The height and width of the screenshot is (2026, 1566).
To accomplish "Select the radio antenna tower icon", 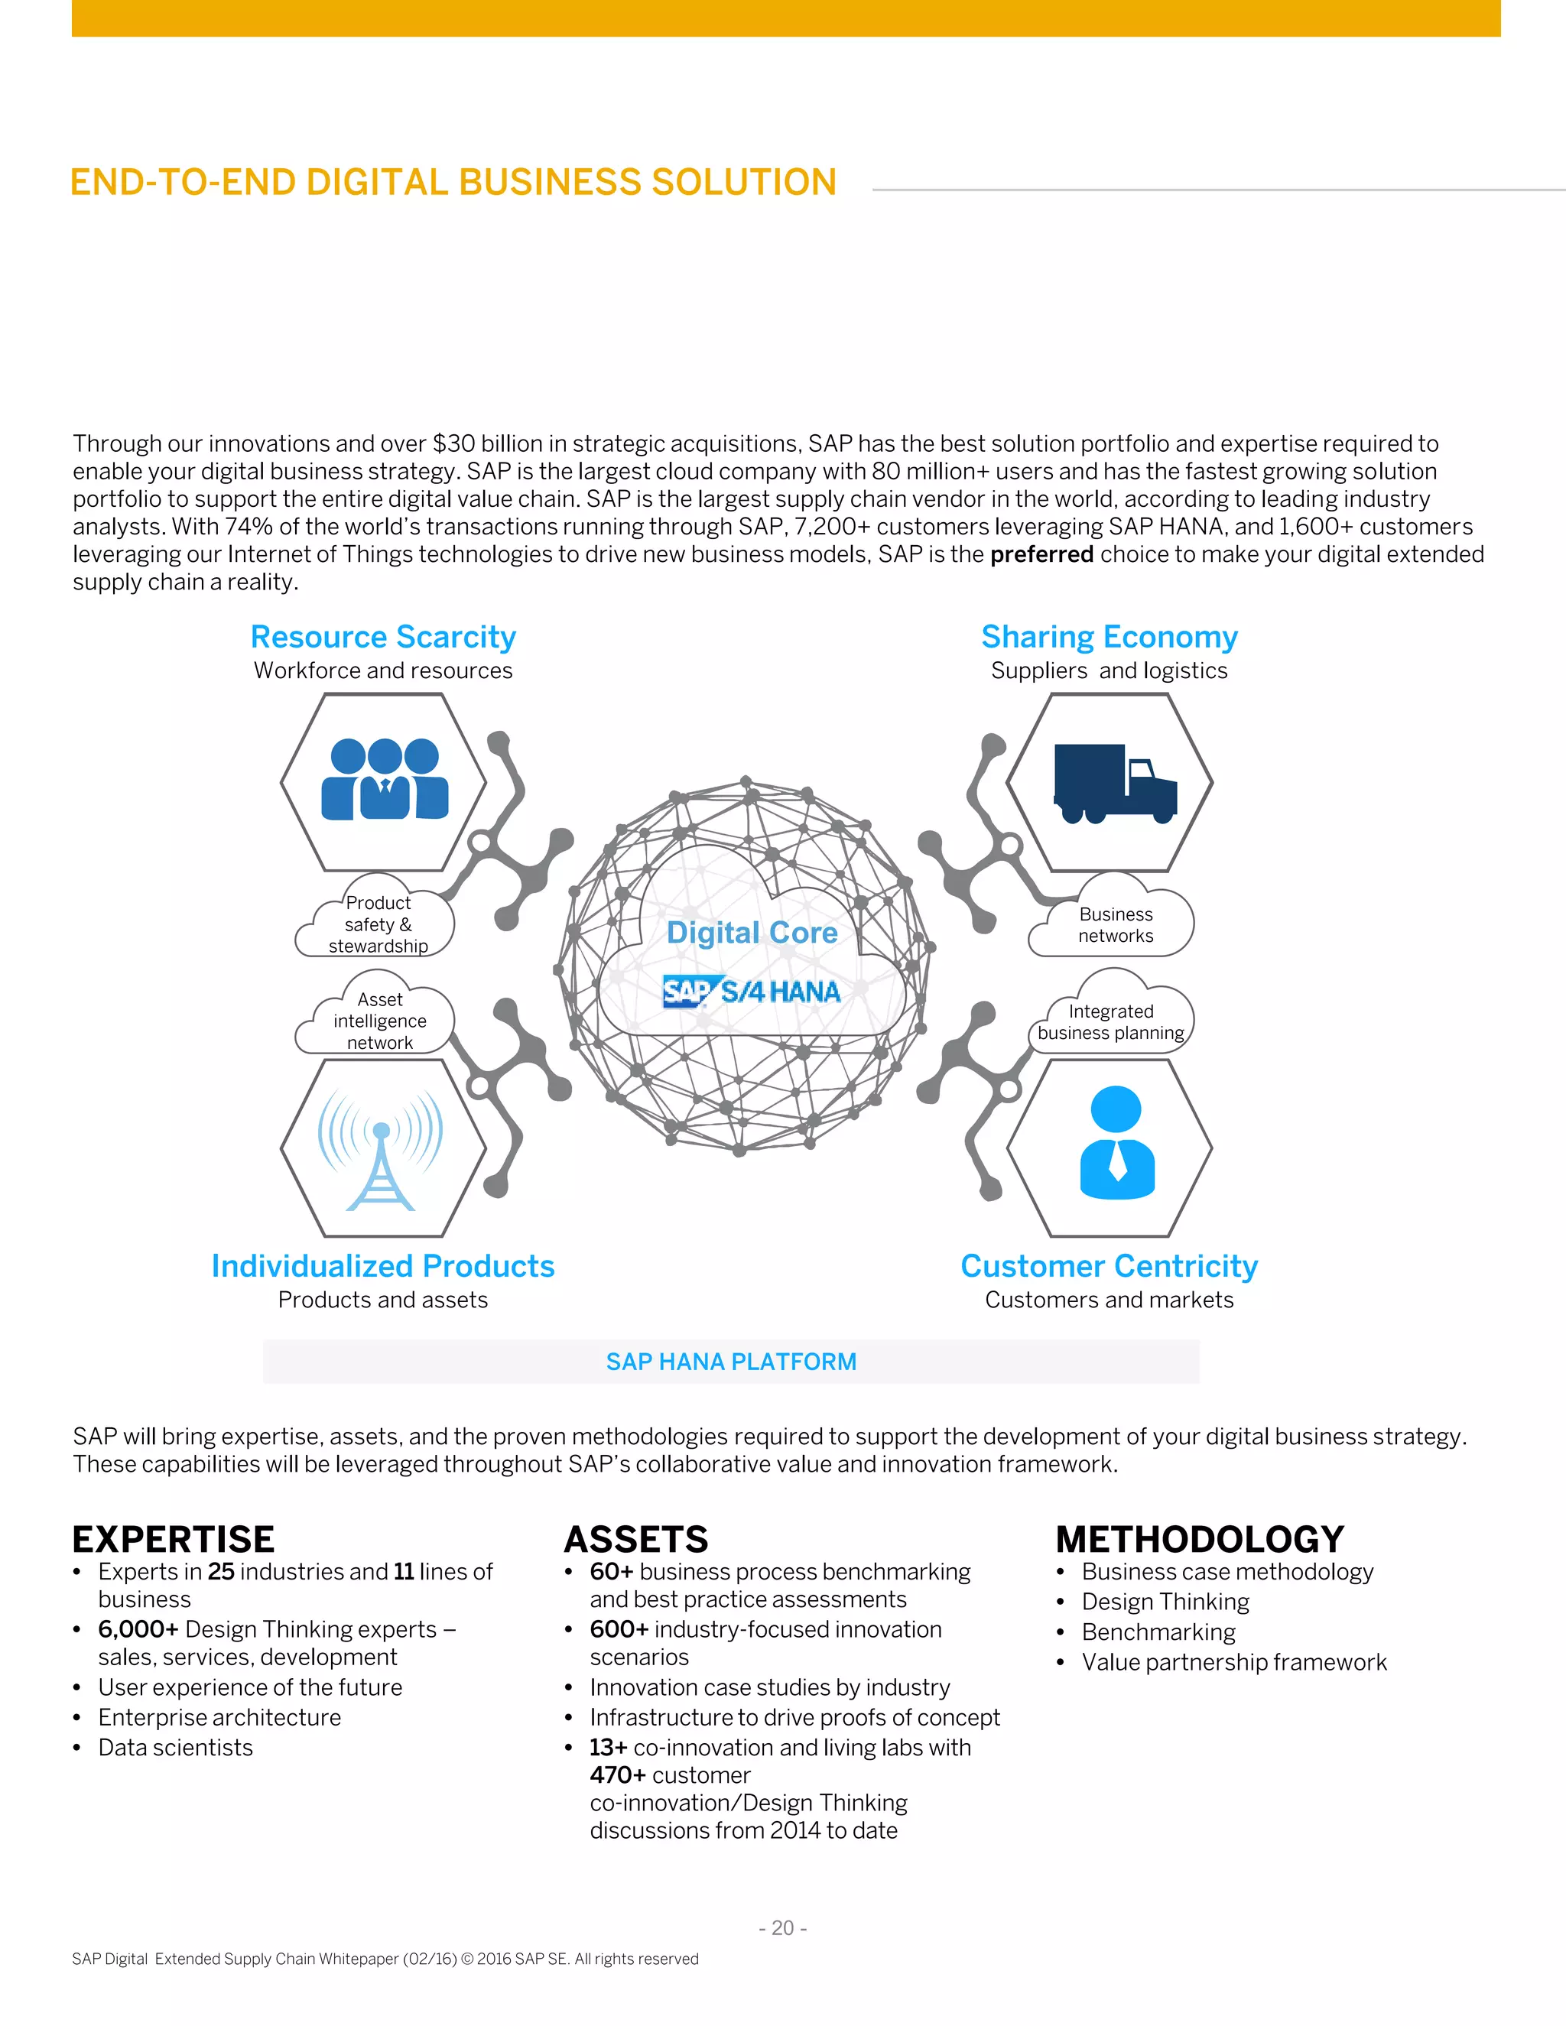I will (380, 1152).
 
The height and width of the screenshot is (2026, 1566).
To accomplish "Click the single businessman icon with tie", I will (1117, 1143).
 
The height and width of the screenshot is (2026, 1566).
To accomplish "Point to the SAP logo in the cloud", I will (687, 992).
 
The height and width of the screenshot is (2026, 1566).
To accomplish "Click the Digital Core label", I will (752, 932).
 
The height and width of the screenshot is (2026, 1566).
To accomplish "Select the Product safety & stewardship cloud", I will (378, 923).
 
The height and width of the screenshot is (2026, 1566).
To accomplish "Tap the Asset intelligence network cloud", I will (379, 1019).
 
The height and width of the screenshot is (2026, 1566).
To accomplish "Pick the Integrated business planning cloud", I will (1110, 1021).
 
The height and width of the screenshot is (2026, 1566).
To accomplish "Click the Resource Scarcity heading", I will (383, 638).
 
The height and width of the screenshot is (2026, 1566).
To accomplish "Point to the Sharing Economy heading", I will (1110, 638).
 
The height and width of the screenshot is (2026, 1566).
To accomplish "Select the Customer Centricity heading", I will (1110, 1266).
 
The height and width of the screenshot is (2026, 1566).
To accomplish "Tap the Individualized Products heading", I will (383, 1266).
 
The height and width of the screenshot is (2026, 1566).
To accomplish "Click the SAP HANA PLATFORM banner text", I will (731, 1362).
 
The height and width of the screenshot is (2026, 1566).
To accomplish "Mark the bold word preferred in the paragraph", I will (1042, 555).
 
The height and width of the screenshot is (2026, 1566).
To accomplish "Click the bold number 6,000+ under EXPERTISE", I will (138, 1630).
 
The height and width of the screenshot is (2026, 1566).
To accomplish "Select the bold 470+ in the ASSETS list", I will (618, 1775).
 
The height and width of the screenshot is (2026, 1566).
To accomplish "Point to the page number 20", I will (783, 1927).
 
